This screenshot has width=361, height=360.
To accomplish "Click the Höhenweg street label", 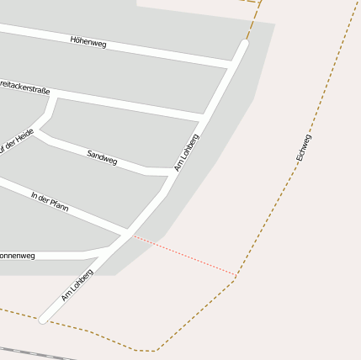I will click(88, 41).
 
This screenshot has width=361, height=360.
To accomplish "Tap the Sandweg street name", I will click(102, 157).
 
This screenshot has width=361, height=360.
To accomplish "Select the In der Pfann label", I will click(50, 202).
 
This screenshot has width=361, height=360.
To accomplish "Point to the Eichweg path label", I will click(304, 148).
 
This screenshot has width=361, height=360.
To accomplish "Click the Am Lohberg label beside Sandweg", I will click(186, 152).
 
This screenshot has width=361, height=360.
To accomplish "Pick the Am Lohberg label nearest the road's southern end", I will click(77, 286).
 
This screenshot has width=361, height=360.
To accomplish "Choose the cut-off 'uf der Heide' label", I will click(16, 144).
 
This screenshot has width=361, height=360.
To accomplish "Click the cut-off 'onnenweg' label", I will click(18, 255).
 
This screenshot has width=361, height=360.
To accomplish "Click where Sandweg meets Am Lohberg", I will click(172, 172).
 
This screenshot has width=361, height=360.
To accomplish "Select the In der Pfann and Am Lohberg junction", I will click(128, 230).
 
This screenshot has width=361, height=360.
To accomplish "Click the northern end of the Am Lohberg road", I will click(245, 43).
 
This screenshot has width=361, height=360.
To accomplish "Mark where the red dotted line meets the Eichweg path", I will click(236, 274).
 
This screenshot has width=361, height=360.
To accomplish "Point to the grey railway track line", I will click(34, 352).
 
